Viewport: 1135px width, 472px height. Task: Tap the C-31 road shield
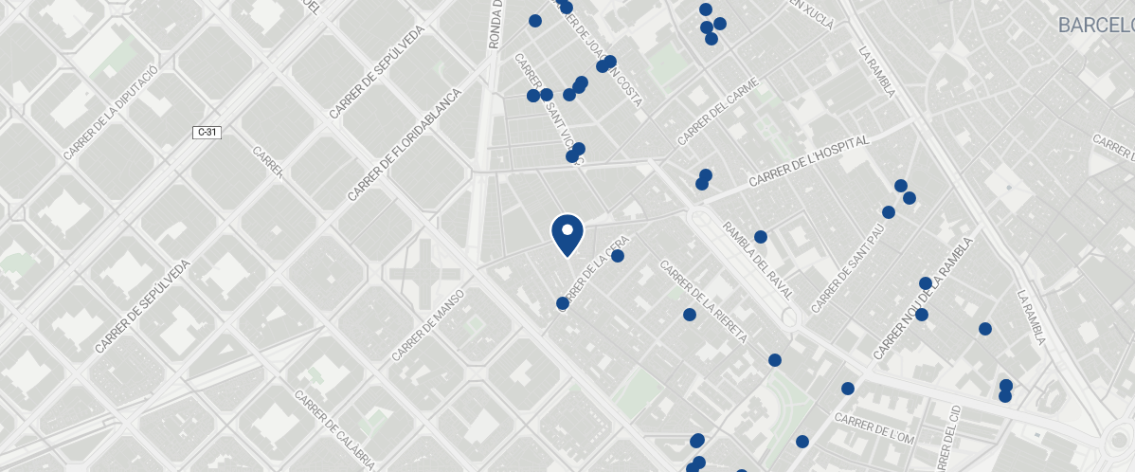coord(207,132)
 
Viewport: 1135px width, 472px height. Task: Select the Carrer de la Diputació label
coord(109,114)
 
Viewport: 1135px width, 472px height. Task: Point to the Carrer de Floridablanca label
coord(404,145)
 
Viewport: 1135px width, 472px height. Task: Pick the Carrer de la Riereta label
coord(704,301)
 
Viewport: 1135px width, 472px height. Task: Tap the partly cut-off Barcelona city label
coord(1096,25)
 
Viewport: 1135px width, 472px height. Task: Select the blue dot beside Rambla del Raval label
coord(760,237)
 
